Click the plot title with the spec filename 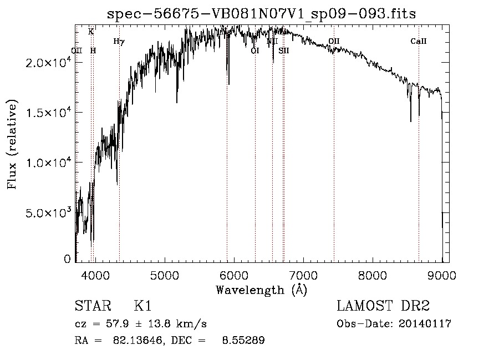tap(261, 13)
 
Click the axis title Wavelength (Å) tap(261, 290)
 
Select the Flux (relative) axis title tap(12, 144)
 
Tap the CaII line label tap(419, 41)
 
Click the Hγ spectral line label tap(119, 41)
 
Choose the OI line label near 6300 tap(255, 50)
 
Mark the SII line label tap(284, 50)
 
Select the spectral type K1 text tap(142, 306)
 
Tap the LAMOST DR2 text tap(383, 306)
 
